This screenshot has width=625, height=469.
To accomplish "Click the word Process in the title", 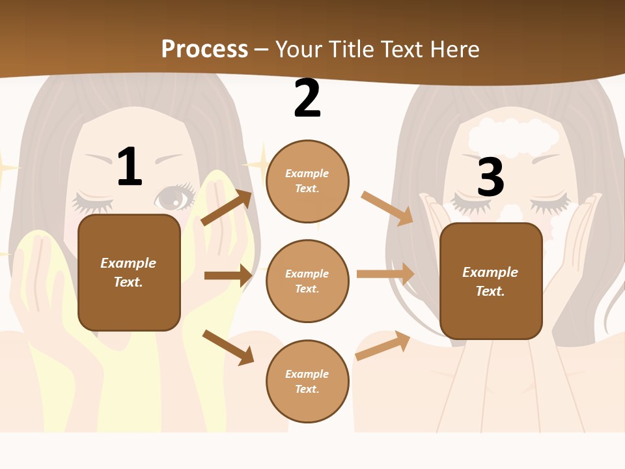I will [204, 50].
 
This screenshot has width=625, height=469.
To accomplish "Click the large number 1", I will [130, 167].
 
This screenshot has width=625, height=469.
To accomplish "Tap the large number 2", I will [307, 98].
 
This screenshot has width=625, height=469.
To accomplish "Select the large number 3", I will [491, 177].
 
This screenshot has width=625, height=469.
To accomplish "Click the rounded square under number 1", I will [129, 272].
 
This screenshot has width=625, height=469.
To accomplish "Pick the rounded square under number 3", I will [491, 281].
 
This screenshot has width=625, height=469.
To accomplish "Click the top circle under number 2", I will [307, 180].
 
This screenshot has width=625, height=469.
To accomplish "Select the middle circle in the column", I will [307, 281].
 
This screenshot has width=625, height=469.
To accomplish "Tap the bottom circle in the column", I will [307, 381].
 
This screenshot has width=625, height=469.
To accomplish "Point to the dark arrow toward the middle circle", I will [228, 276].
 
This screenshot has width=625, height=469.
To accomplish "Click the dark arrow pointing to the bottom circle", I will [228, 347].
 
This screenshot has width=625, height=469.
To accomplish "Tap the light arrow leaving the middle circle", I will [385, 274].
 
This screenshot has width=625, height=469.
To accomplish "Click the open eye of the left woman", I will [174, 196].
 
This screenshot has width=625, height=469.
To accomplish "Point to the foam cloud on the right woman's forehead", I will [514, 137].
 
